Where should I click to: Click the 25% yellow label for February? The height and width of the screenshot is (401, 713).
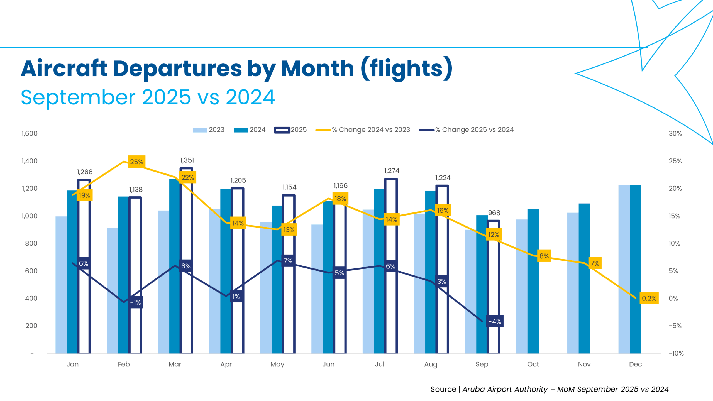coord(136,162)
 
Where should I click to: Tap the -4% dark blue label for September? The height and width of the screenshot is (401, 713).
coord(495,322)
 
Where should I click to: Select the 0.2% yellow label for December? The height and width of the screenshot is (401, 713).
coord(649,298)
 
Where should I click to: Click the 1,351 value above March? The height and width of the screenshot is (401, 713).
coord(187,160)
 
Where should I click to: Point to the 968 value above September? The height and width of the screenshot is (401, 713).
coord(494,213)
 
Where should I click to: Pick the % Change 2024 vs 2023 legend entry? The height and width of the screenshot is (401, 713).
coord(363,130)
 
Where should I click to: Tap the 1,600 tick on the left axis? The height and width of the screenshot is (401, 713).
coord(29,134)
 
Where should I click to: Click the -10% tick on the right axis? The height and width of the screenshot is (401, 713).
coord(676,353)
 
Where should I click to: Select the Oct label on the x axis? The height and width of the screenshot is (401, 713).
coord(533,364)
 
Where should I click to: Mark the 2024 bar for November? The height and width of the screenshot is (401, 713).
coord(584,278)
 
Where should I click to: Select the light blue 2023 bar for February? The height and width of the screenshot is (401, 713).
coord(112,291)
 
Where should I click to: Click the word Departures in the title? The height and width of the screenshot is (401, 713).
coord(177,69)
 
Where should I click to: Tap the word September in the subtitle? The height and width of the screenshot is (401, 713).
coord(78,97)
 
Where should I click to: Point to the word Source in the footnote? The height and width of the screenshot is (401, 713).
coord(443,389)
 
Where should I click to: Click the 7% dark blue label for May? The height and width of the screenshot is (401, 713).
coord(288,261)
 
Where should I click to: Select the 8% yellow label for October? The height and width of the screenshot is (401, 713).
coord(544,256)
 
